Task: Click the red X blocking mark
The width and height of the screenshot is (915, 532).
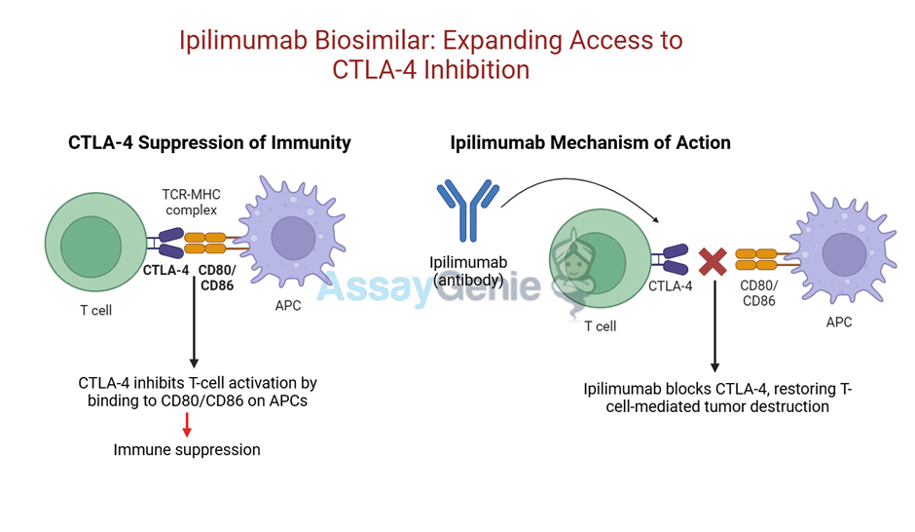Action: click(x=714, y=261)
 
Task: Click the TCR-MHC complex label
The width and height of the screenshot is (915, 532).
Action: click(x=192, y=202)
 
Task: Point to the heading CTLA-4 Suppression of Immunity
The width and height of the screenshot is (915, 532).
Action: click(x=209, y=142)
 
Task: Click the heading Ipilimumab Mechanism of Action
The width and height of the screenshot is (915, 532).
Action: click(x=590, y=142)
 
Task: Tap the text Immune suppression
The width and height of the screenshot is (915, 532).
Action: click(x=187, y=450)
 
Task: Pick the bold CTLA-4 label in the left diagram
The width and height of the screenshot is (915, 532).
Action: click(x=165, y=271)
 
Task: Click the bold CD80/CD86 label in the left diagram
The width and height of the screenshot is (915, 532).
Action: click(x=218, y=279)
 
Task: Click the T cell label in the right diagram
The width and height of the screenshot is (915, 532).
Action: click(x=600, y=326)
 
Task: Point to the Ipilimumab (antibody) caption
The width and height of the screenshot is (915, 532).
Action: click(x=469, y=273)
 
